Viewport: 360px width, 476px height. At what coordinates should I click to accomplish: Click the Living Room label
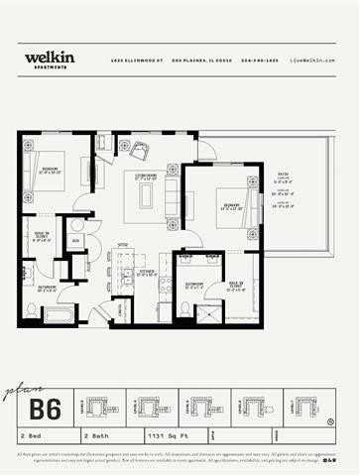pyautogui.click(x=147, y=176)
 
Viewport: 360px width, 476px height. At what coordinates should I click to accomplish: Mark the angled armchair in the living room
pyautogui.click(x=138, y=151)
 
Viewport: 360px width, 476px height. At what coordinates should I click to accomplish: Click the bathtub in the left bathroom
pyautogui.click(x=58, y=315)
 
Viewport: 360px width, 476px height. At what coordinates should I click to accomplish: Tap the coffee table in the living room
pyautogui.click(x=146, y=195)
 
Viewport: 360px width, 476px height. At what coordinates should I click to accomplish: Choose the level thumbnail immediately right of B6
pyautogui.click(x=97, y=407)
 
